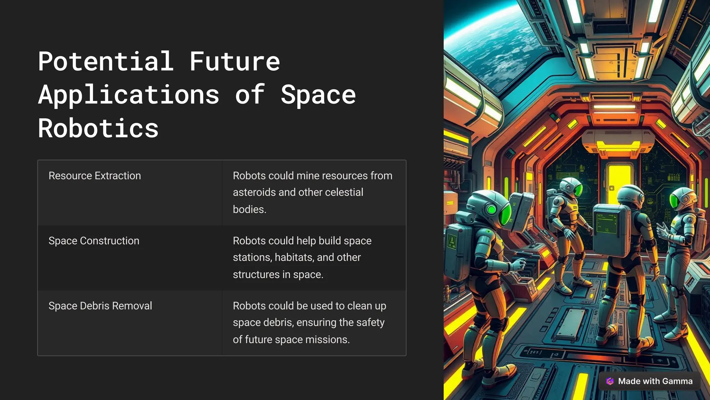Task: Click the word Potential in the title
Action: (x=106, y=62)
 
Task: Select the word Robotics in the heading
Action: (x=98, y=129)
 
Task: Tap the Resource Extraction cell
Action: (x=95, y=176)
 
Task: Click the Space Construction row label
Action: (x=94, y=241)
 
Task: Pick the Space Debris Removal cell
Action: (x=100, y=306)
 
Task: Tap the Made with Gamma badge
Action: (x=649, y=381)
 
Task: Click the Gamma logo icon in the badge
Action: (x=610, y=381)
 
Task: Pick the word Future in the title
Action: (x=234, y=62)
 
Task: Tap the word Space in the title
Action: (x=318, y=95)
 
